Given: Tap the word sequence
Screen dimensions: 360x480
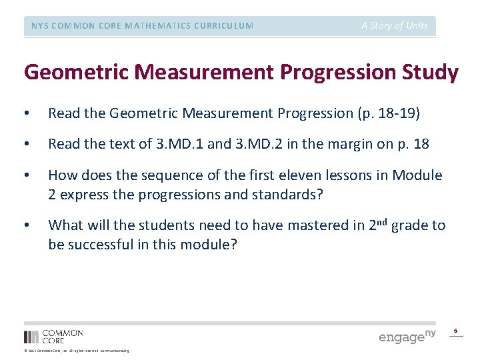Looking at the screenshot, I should [157, 175].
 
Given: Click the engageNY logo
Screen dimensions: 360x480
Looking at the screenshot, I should [407, 336].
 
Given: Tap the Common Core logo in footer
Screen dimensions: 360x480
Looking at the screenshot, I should [54, 336].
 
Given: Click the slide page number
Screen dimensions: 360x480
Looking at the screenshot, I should [456, 331].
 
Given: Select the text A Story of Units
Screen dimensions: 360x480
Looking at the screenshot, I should [395, 25].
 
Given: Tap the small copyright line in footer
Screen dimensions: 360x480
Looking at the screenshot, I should [77, 351].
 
